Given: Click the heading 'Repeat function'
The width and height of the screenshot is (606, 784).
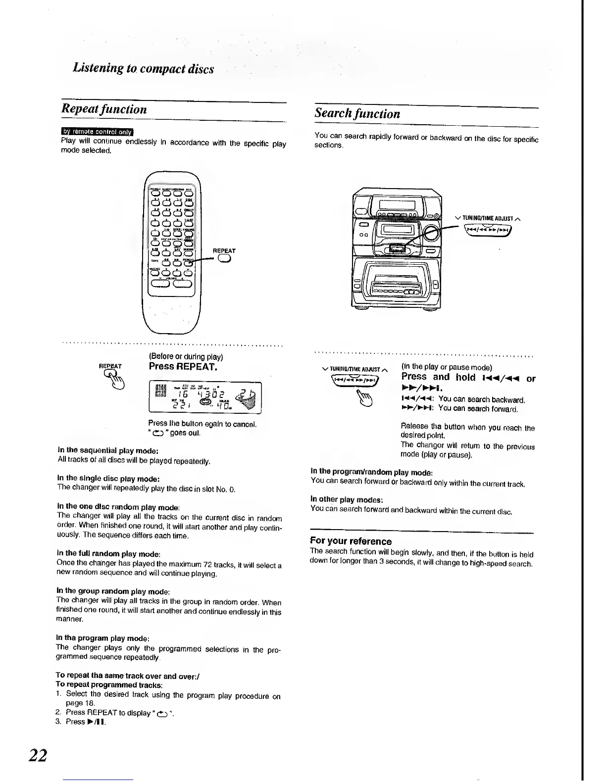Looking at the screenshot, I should [x=104, y=109].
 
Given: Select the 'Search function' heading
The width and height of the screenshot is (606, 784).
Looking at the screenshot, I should [x=357, y=113].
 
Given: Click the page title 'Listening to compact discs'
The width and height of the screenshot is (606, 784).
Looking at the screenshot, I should [x=144, y=68].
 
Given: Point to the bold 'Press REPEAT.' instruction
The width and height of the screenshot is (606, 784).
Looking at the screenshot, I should [x=183, y=367].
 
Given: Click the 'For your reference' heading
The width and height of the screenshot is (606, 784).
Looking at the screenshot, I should [x=351, y=541].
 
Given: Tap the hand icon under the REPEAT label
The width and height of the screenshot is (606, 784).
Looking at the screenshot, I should [x=114, y=382].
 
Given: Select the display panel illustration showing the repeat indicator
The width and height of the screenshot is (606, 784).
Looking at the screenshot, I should [x=204, y=397].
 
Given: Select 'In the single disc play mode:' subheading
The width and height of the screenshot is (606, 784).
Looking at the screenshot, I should [x=107, y=479].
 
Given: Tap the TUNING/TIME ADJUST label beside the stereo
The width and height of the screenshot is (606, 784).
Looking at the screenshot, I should [x=489, y=218].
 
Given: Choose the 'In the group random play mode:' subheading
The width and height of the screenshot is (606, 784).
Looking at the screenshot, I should [x=113, y=591].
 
